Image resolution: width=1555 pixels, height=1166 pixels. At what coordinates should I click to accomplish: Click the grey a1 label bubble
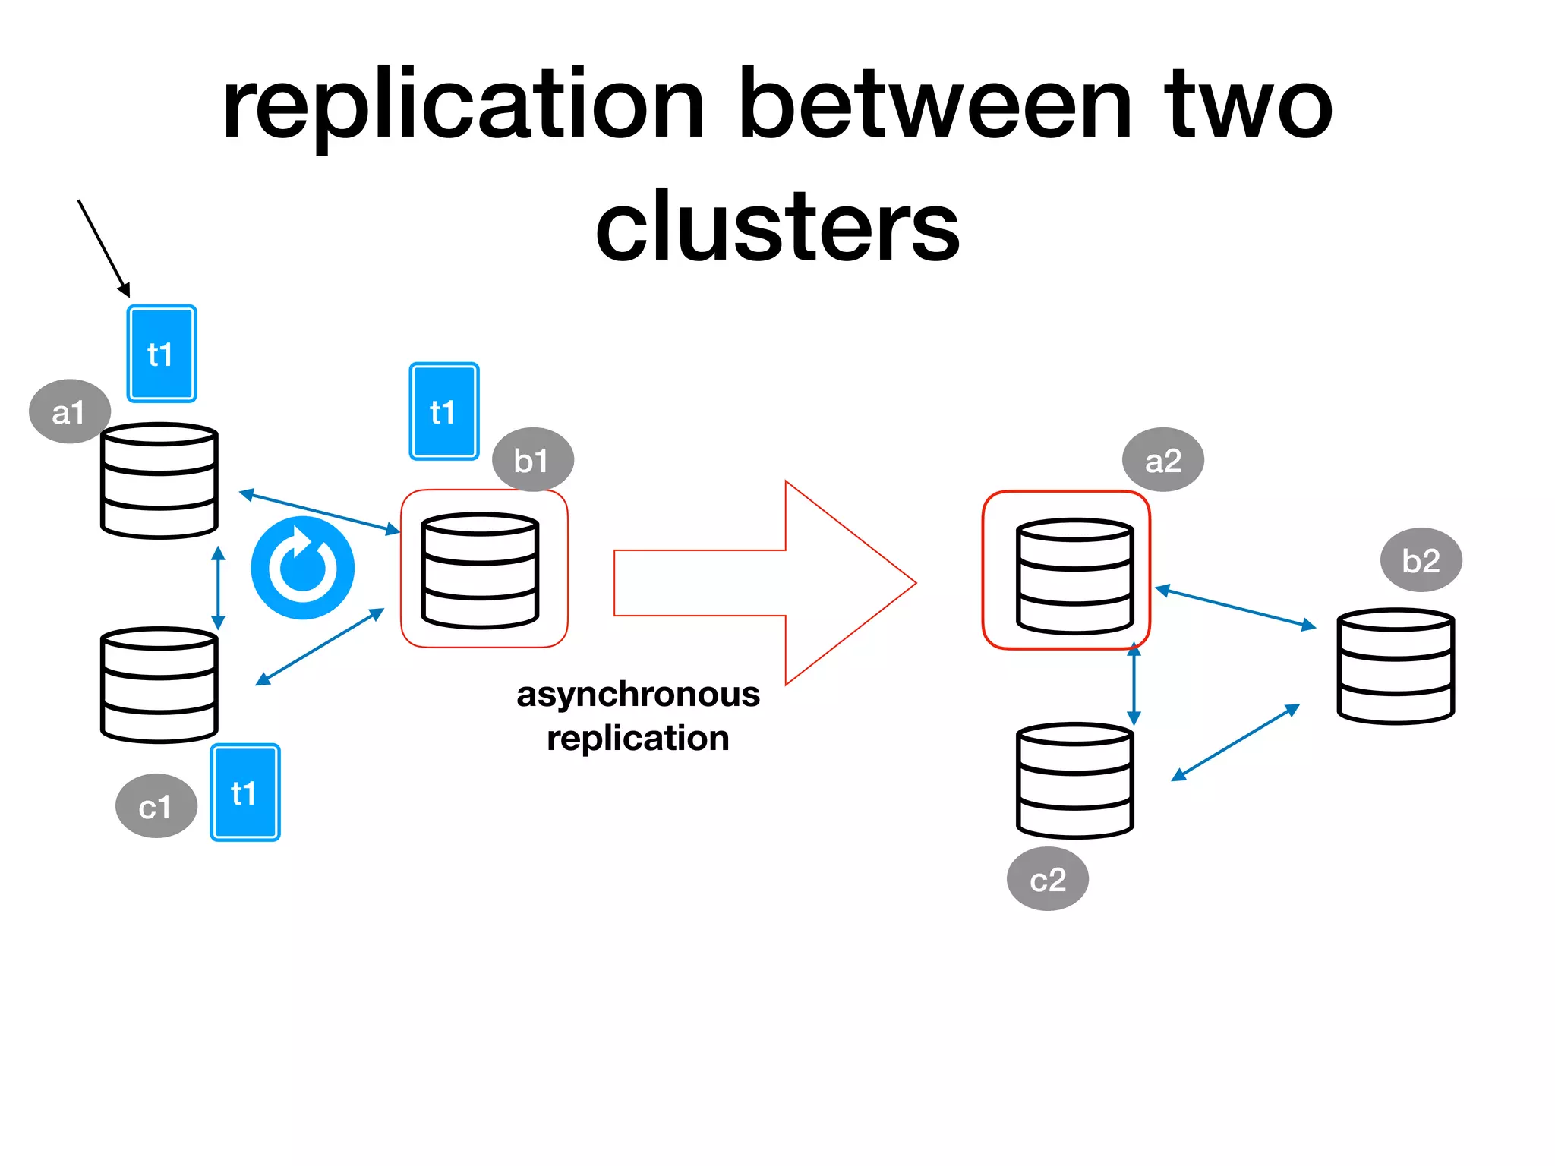tap(69, 411)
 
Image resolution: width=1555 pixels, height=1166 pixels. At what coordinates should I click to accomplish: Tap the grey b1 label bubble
tap(532, 460)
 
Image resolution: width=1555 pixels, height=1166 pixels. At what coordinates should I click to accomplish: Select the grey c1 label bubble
tap(156, 806)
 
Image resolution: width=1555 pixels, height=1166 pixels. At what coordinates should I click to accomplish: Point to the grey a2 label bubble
tap(1162, 460)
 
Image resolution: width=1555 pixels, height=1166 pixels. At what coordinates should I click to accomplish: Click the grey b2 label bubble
tap(1421, 560)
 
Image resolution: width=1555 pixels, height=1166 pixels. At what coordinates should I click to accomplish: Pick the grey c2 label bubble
tap(1047, 879)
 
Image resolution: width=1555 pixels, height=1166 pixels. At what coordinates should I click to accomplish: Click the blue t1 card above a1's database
tap(161, 354)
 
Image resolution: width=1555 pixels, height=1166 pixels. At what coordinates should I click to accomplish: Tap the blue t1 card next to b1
tap(444, 411)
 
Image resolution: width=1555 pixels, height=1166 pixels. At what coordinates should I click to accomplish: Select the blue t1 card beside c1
tap(244, 793)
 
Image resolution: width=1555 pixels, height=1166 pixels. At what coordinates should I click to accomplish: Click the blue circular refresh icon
tap(302, 568)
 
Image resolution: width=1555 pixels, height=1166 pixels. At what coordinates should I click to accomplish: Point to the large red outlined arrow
tap(767, 583)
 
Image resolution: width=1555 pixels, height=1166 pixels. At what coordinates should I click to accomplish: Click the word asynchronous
tap(638, 694)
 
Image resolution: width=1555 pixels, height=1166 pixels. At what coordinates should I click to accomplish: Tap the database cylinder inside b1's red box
tap(480, 571)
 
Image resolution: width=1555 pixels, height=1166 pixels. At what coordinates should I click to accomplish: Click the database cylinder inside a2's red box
tap(1074, 576)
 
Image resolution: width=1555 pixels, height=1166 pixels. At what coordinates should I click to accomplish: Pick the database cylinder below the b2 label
tap(1395, 666)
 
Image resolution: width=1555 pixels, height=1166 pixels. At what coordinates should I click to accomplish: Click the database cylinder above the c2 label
tap(1074, 780)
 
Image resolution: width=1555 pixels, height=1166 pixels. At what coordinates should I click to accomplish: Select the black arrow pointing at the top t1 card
tap(104, 248)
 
